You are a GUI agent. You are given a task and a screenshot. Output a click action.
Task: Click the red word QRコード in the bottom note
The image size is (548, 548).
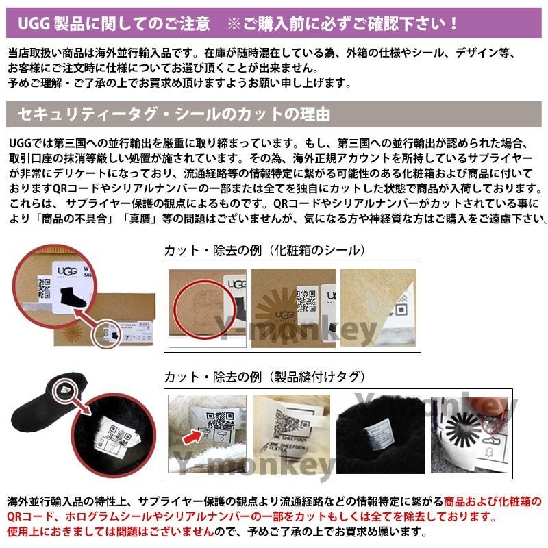tap(27, 516)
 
